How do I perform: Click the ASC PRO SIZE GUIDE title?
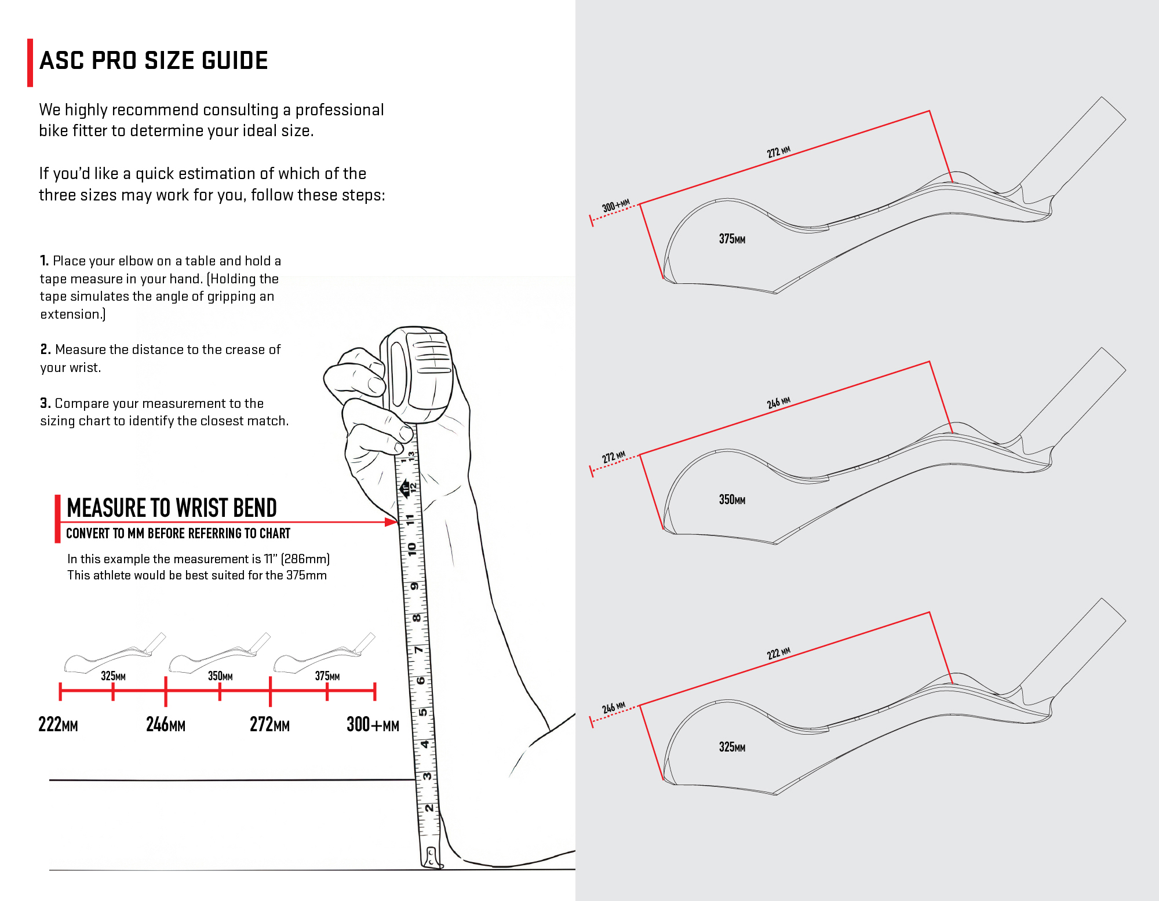pos(154,61)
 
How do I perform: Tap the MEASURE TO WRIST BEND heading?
pos(172,508)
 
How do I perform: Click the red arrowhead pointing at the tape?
pos(391,522)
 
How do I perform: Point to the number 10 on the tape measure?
pos(411,549)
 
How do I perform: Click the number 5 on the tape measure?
pos(423,712)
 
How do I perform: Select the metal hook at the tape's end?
pos(432,858)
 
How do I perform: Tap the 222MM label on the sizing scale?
pos(58,725)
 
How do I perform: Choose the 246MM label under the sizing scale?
pos(166,725)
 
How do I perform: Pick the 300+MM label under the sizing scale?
pos(373,725)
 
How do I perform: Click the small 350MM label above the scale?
pos(220,676)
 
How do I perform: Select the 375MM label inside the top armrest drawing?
pos(732,239)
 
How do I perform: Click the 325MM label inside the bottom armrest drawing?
pos(732,747)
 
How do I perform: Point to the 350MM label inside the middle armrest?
pos(732,499)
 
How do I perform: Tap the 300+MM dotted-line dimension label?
pos(615,206)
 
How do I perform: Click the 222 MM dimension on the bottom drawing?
pos(778,654)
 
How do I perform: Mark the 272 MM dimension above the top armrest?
pos(778,152)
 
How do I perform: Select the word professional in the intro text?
pos(340,110)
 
